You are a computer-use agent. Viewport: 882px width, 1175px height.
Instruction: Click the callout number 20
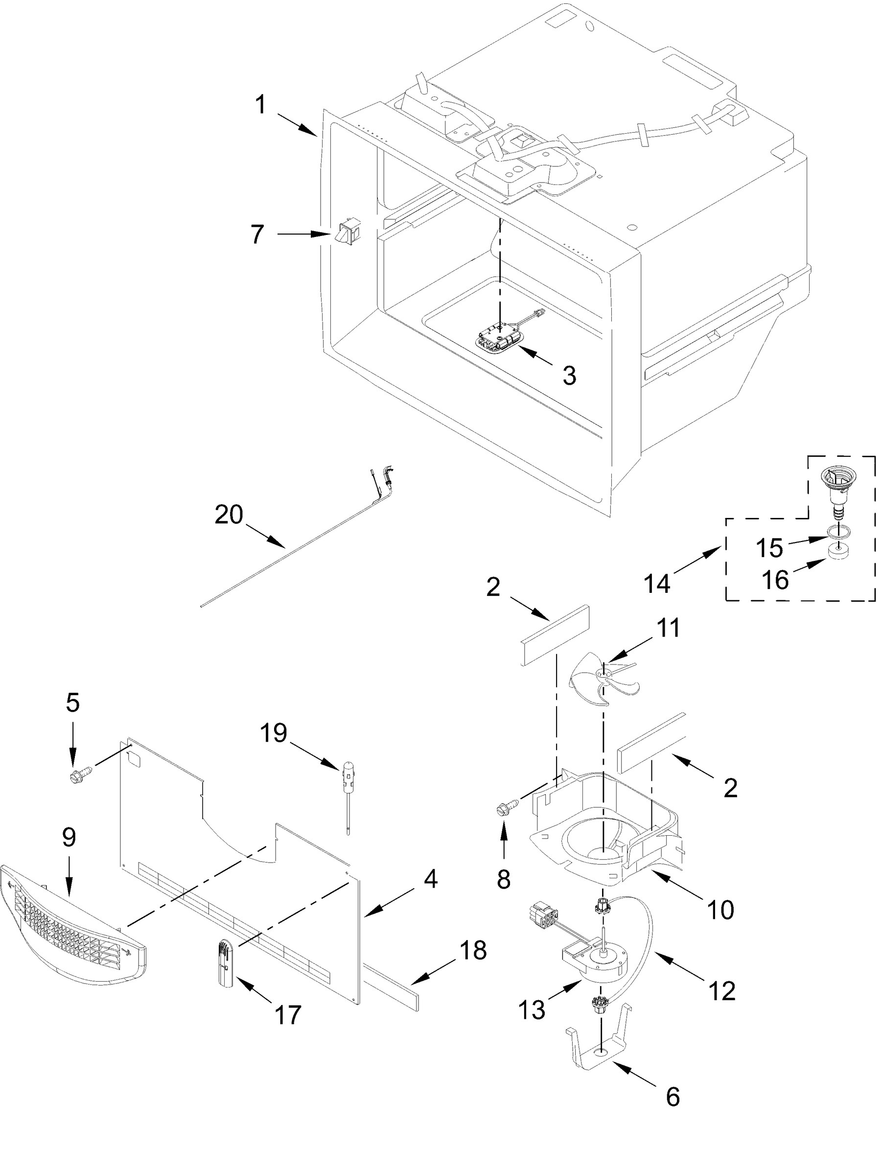pos(229,515)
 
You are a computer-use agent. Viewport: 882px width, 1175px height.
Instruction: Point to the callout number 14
pos(657,584)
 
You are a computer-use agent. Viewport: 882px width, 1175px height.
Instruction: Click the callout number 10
pos(720,910)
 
